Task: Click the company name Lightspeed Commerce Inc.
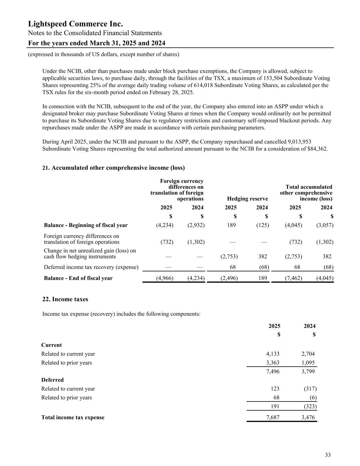click(x=75, y=24)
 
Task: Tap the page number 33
click(x=328, y=455)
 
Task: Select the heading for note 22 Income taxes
click(x=65, y=299)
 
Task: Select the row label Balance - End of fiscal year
click(x=78, y=278)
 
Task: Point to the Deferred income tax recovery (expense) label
click(x=91, y=267)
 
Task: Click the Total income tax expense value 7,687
click(x=272, y=417)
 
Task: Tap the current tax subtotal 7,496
click(x=272, y=371)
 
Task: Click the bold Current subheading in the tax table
click(x=52, y=345)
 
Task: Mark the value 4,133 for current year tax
click(x=272, y=354)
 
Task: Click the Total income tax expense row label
click(x=73, y=417)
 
